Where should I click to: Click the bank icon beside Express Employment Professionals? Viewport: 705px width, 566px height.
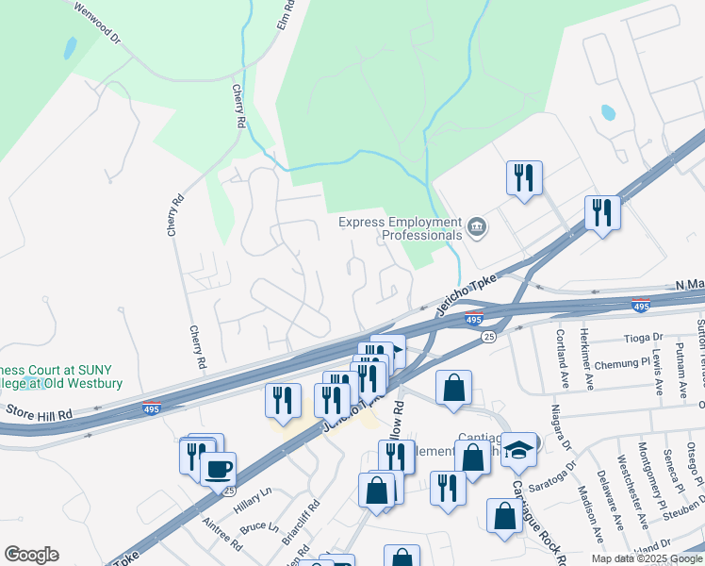477,227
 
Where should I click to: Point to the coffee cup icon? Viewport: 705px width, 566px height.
219,468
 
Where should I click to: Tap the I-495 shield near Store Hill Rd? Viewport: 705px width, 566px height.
152,407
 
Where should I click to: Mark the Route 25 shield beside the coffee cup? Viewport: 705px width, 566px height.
226,491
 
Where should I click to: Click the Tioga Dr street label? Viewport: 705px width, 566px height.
644,337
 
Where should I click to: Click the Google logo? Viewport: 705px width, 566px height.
31,555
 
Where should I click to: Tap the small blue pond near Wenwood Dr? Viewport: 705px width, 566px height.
69,46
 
